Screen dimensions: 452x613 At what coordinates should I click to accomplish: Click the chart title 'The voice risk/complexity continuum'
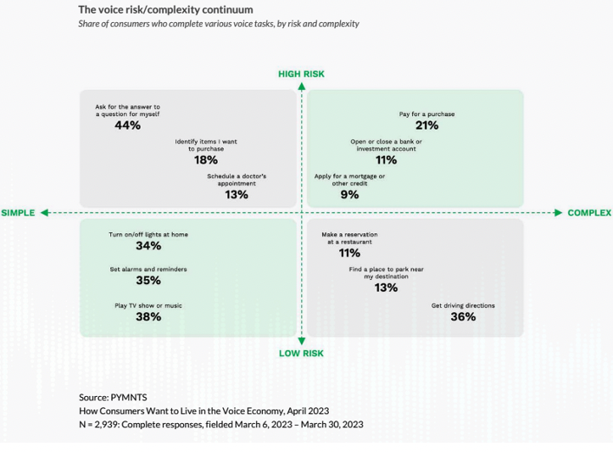[x=165, y=9]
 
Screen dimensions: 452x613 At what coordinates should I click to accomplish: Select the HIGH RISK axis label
[x=301, y=74]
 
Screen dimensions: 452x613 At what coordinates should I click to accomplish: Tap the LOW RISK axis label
[x=301, y=353]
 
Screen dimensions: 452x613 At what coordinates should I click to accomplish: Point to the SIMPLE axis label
[x=18, y=213]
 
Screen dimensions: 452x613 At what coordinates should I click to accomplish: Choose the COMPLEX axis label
[x=589, y=213]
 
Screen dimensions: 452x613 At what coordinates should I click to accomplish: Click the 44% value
[x=128, y=126]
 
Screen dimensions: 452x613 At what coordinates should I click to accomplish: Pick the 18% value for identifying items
[x=206, y=159]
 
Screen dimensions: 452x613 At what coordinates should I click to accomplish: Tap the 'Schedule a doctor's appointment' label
[x=237, y=180]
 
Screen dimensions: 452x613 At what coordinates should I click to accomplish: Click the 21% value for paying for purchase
[x=426, y=126]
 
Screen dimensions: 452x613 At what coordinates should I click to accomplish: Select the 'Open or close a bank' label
[x=386, y=145]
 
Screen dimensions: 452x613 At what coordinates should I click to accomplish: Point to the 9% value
[x=349, y=194]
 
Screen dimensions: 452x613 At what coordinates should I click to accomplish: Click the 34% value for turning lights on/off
[x=148, y=246]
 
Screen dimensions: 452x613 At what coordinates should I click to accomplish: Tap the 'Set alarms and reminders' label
[x=148, y=270]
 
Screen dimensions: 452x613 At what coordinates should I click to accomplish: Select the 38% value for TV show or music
[x=148, y=317]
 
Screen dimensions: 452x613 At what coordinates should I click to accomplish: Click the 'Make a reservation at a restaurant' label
[x=349, y=238]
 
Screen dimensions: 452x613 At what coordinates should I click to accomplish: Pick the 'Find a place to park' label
[x=386, y=273]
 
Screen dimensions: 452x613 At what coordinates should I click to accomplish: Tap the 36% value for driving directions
[x=463, y=317]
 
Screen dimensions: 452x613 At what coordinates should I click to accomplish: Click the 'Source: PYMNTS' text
[x=113, y=397]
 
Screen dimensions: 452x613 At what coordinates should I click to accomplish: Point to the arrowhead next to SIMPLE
[x=45, y=213]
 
